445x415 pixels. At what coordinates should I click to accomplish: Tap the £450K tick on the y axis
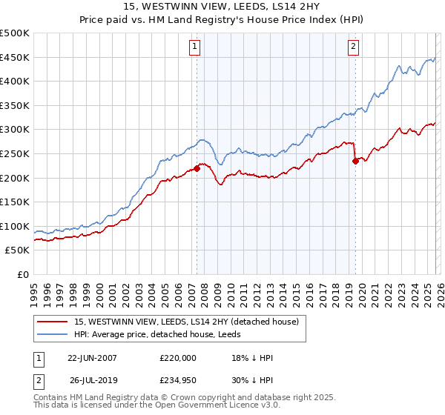tap(15, 57)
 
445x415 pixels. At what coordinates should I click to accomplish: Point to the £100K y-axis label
tap(15, 226)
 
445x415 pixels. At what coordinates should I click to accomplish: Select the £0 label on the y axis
tap(24, 274)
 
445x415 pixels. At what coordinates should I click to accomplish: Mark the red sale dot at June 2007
tap(197, 167)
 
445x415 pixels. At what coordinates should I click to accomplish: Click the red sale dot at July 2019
tap(355, 160)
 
